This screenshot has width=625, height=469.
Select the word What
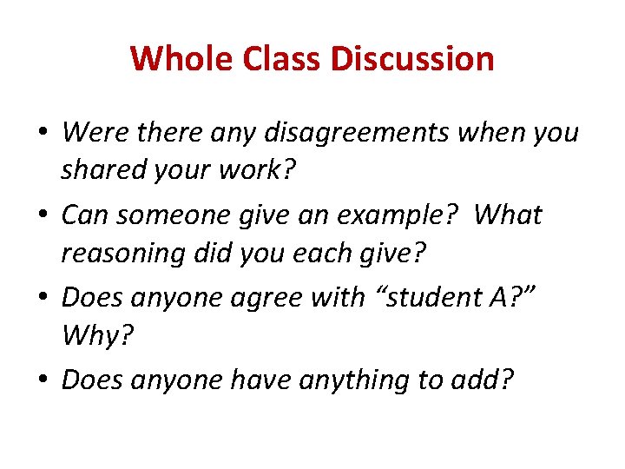(x=509, y=215)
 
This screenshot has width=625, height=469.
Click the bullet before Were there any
(x=43, y=133)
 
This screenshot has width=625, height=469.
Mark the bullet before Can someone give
(x=43, y=215)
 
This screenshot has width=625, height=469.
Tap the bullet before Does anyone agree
(x=43, y=298)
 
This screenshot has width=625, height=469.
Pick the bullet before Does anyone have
(x=43, y=380)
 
